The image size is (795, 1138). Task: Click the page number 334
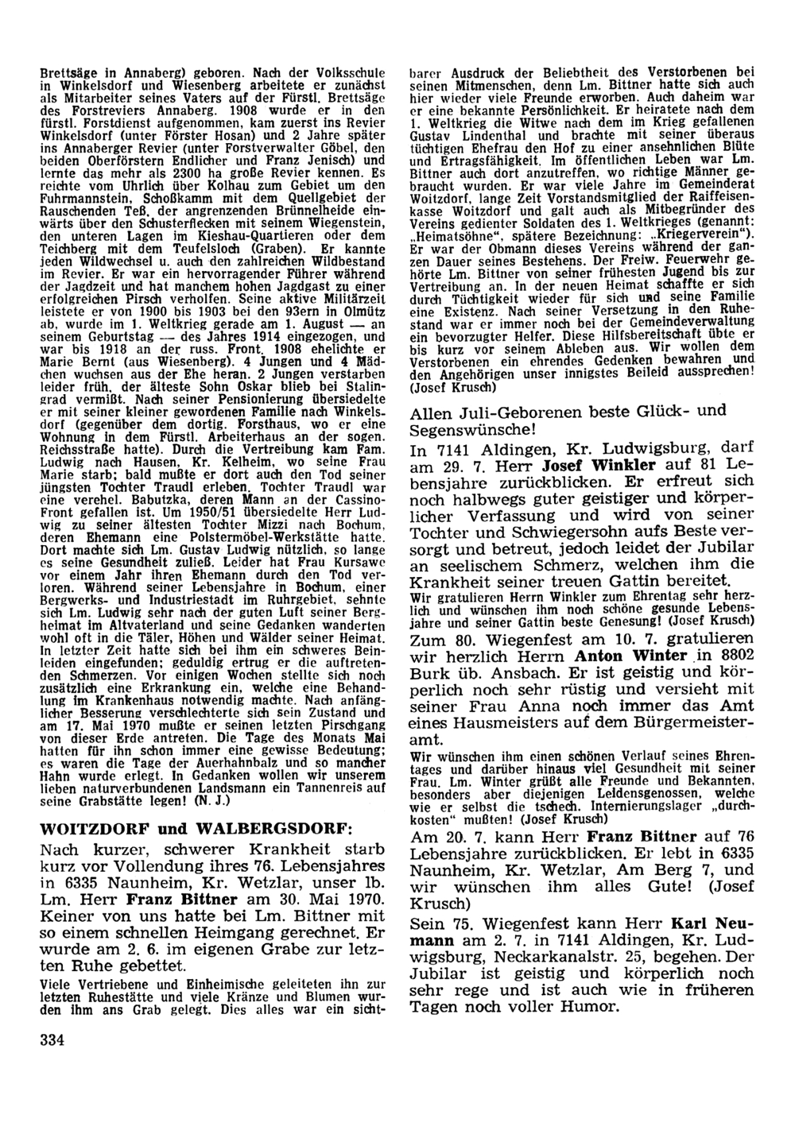point(52,1040)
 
